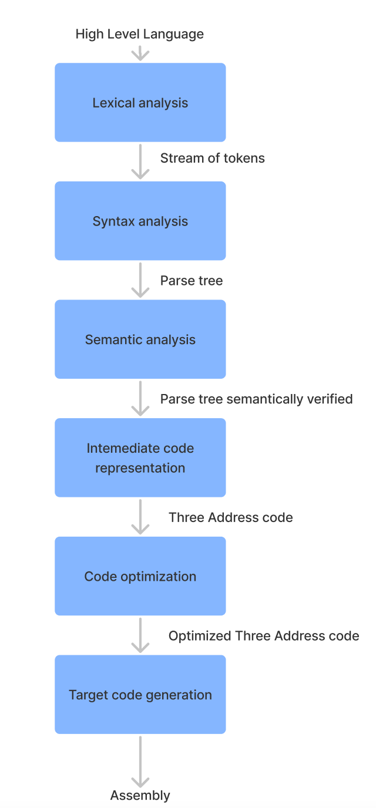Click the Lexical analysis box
tap(140, 102)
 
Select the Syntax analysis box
tap(140, 221)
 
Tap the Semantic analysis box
tap(140, 339)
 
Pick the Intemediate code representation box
tap(140, 457)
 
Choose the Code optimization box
tap(140, 576)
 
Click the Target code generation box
tap(140, 694)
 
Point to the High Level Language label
tap(140, 34)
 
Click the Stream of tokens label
tap(213, 158)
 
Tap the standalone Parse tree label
tap(192, 281)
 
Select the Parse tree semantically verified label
tap(257, 399)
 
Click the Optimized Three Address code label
tap(264, 636)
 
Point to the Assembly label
tap(140, 795)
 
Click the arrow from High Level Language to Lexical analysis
tap(140, 54)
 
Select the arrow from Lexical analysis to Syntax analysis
tap(140, 161)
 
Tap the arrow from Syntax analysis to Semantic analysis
tap(140, 280)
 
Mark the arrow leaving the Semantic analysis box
tap(140, 398)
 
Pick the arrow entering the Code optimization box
tap(140, 517)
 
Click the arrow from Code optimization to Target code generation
tap(140, 635)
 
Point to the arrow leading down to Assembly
tap(140, 762)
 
